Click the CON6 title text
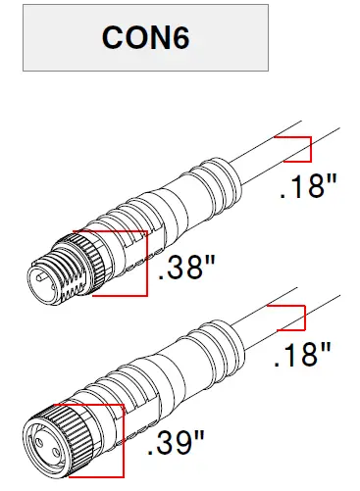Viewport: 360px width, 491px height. tap(144, 38)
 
